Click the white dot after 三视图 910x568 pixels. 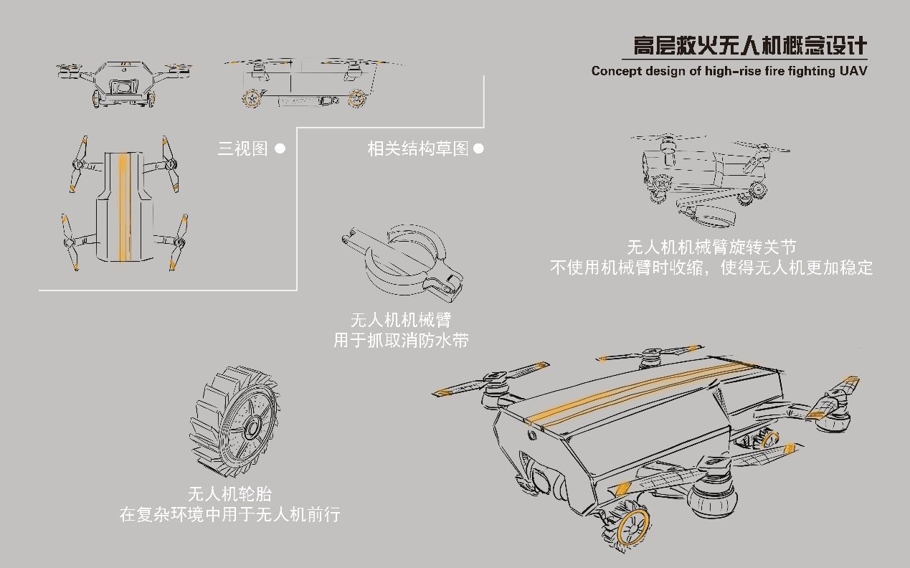coord(280,148)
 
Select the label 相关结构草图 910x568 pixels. coord(417,148)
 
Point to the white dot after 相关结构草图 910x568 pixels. coord(478,148)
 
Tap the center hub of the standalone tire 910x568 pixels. coord(252,429)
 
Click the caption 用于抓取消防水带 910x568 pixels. coord(401,339)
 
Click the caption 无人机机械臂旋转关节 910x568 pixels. coord(711,247)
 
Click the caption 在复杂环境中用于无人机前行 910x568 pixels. coord(229,514)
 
